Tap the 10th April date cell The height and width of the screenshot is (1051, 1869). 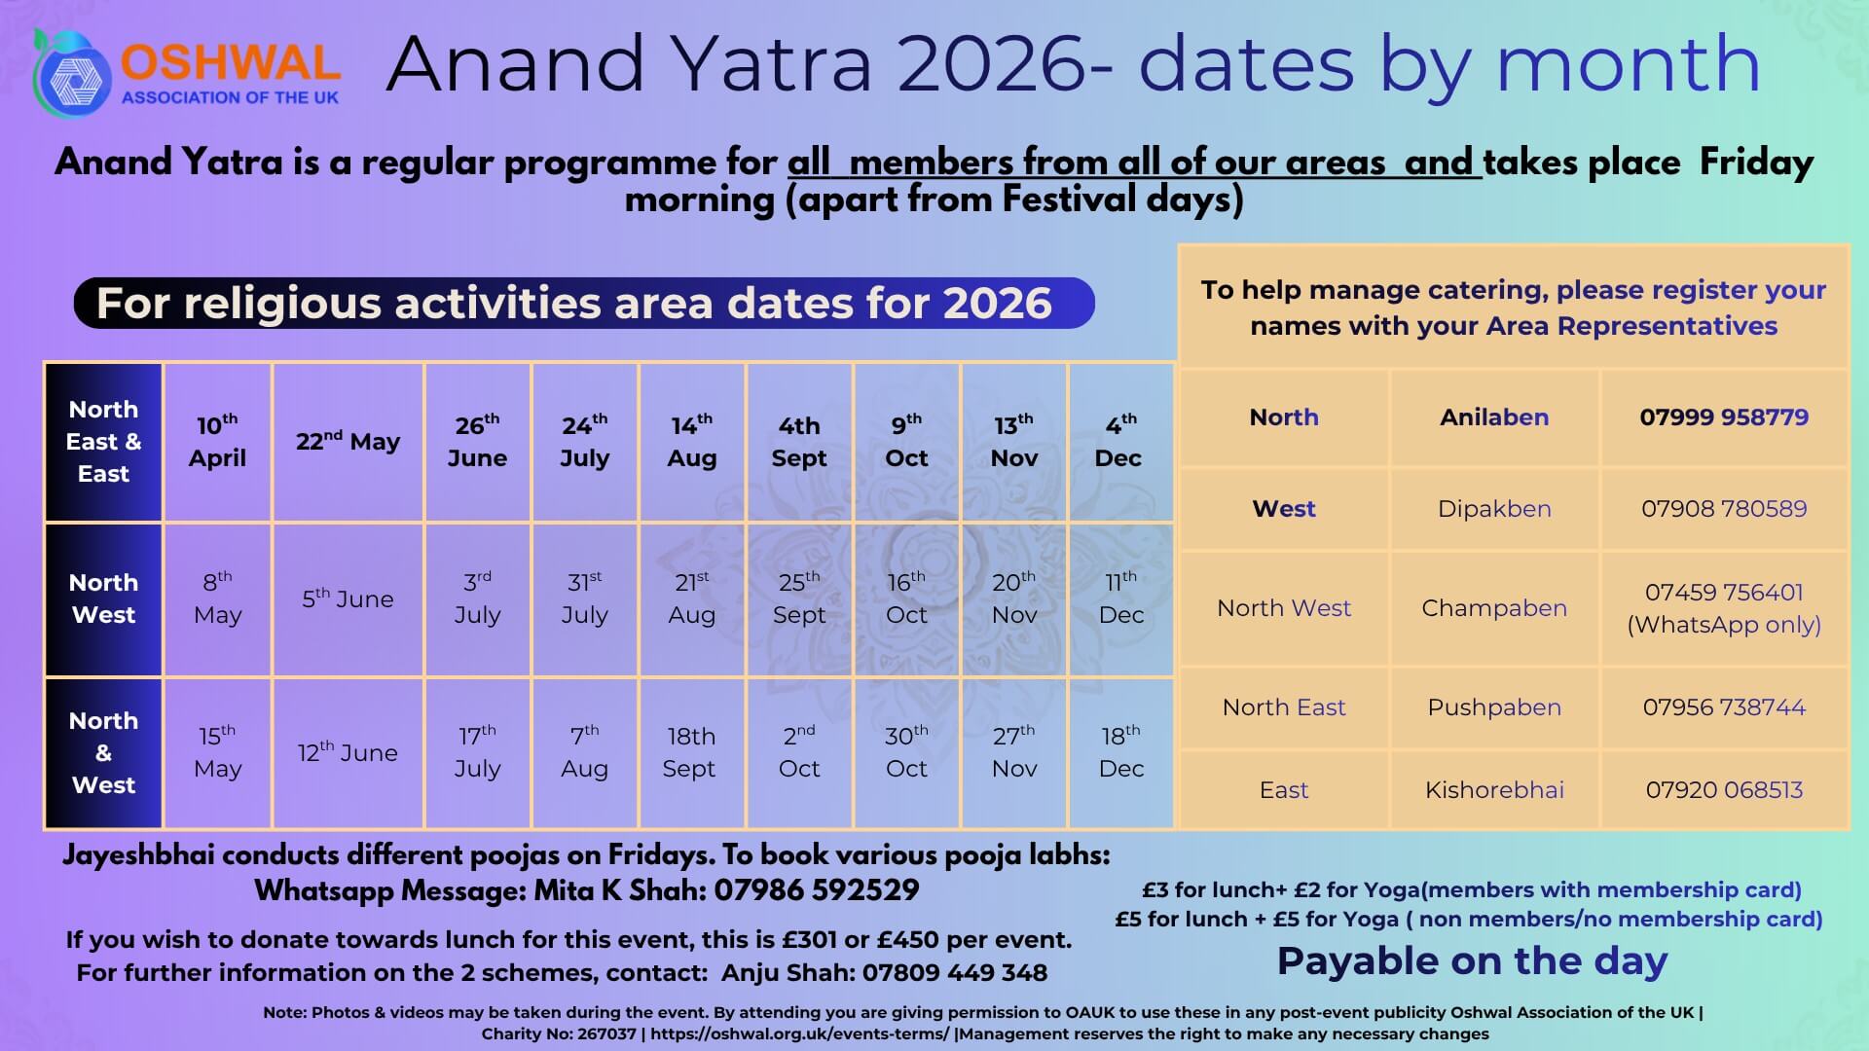click(x=217, y=442)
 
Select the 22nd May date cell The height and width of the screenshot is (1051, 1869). click(x=348, y=442)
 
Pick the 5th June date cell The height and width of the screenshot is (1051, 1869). click(x=348, y=599)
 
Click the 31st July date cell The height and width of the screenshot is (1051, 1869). click(x=584, y=599)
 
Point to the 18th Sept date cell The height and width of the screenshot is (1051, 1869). click(x=691, y=752)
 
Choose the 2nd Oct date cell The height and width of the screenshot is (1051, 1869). click(x=799, y=752)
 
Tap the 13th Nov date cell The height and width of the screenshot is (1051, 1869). click(x=1014, y=442)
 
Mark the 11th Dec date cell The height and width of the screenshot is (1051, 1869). click(x=1120, y=599)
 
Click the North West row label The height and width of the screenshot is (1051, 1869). click(x=104, y=599)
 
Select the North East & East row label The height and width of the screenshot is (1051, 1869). click(x=104, y=442)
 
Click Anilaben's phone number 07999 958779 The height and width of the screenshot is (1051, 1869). click(x=1724, y=417)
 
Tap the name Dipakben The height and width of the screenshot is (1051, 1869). click(x=1494, y=509)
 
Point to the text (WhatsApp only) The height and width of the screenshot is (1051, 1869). click(x=1724, y=625)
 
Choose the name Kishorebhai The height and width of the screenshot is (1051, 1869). click(x=1494, y=790)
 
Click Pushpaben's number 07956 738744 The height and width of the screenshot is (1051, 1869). click(x=1724, y=707)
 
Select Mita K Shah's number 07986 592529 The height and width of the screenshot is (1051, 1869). click(x=817, y=890)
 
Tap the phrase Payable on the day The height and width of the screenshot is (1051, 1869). click(x=1473, y=961)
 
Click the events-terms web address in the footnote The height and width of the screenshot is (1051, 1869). click(x=799, y=1033)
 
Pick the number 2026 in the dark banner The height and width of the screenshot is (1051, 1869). click(x=998, y=304)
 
